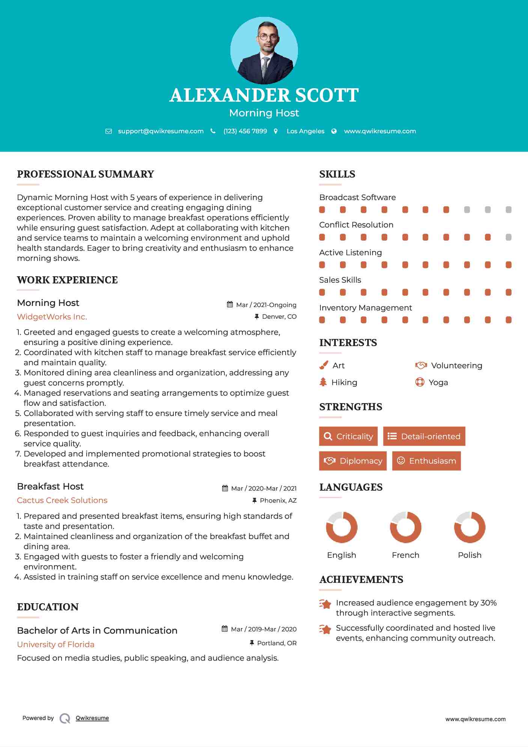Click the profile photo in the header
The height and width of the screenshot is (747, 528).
[x=264, y=51]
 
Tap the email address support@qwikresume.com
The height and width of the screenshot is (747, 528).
[x=161, y=131]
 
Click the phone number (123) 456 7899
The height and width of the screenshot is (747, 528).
[x=245, y=131]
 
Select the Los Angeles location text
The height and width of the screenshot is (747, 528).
[x=305, y=131]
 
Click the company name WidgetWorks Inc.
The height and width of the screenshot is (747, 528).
[x=52, y=317]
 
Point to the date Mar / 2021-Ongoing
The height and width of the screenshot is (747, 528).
[x=266, y=305]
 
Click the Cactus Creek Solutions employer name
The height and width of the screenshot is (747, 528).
[x=62, y=500]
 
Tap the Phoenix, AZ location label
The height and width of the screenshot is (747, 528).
[x=278, y=500]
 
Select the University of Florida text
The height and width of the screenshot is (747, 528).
[x=56, y=645]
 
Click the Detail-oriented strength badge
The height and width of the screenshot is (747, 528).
[x=424, y=436]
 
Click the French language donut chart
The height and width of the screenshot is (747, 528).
[x=405, y=527]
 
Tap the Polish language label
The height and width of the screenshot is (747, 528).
[x=469, y=555]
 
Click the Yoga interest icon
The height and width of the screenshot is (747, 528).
[x=420, y=382]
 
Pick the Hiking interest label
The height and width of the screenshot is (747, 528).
[x=344, y=383]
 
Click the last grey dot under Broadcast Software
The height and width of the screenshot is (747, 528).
[x=508, y=210]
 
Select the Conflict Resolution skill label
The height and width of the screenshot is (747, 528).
[x=356, y=225]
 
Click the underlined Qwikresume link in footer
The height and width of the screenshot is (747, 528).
[x=92, y=718]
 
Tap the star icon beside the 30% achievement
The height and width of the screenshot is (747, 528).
[x=325, y=604]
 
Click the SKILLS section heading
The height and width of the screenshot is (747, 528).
[x=337, y=174]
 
